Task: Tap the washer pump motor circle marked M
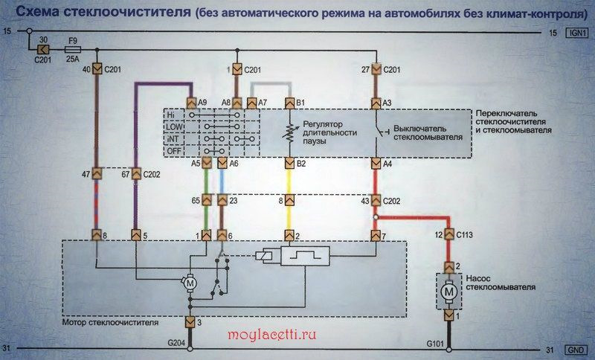(449, 292)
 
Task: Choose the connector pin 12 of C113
(449, 235)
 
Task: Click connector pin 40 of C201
(97, 69)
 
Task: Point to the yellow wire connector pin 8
(290, 200)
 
